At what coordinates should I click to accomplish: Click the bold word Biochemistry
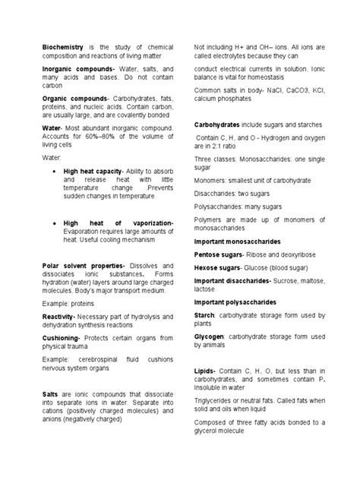pyautogui.click(x=64, y=47)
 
